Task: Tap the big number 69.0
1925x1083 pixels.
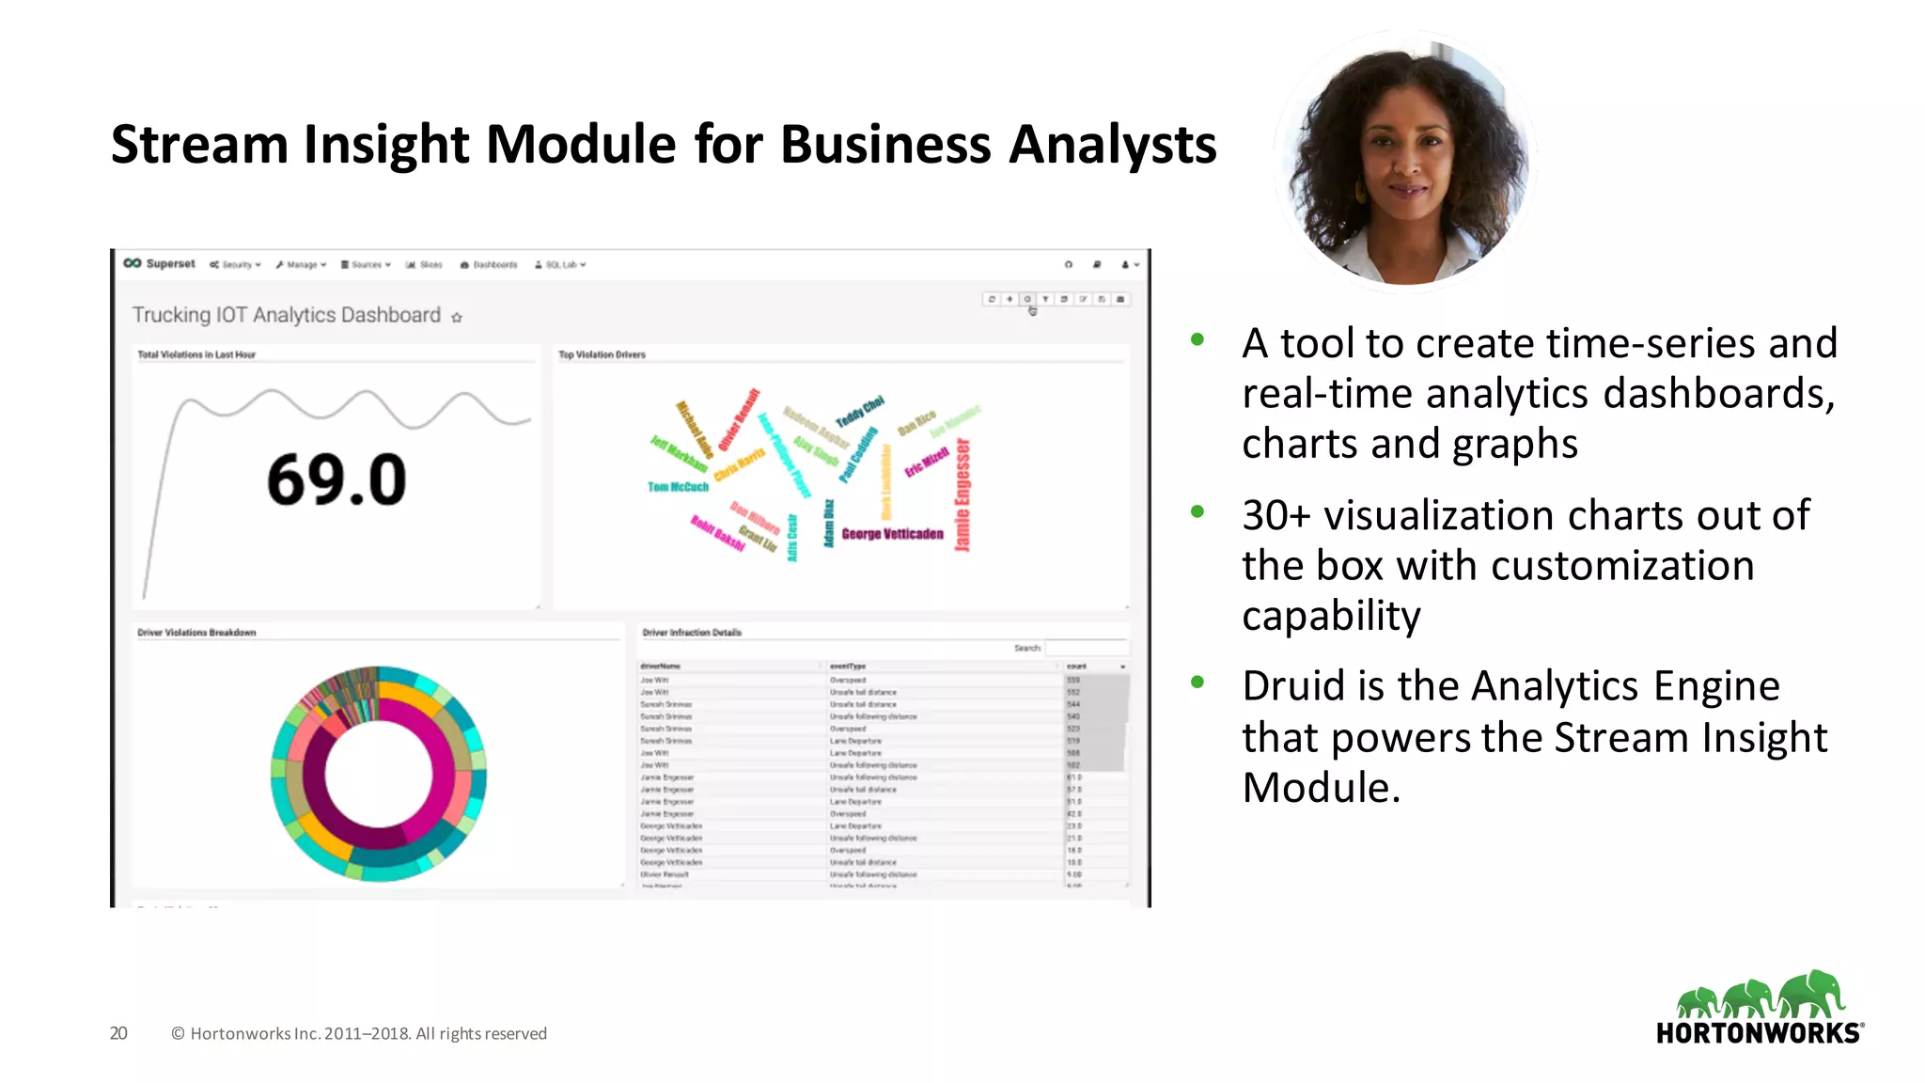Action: click(336, 479)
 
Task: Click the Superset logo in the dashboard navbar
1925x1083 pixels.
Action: click(160, 264)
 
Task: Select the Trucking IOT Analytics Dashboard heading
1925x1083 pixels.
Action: click(286, 315)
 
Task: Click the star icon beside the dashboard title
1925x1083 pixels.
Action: click(457, 318)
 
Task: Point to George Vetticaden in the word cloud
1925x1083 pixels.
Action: click(892, 534)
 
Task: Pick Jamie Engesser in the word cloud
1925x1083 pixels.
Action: click(962, 495)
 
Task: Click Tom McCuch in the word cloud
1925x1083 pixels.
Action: click(678, 487)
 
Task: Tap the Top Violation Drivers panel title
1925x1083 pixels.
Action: click(602, 355)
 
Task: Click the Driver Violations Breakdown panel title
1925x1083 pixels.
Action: click(196, 633)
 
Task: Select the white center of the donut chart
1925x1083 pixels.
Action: click(378, 774)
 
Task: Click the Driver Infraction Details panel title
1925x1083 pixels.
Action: click(692, 633)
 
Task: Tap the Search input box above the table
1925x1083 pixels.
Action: click(1086, 648)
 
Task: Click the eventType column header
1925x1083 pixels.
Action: click(848, 667)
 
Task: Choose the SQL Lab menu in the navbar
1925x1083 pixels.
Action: click(561, 265)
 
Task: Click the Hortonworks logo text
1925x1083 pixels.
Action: click(1758, 1033)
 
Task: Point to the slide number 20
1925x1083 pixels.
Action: click(118, 1033)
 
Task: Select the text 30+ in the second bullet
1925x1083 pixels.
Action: click(1276, 515)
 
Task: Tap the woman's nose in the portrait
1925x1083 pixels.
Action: click(1406, 168)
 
